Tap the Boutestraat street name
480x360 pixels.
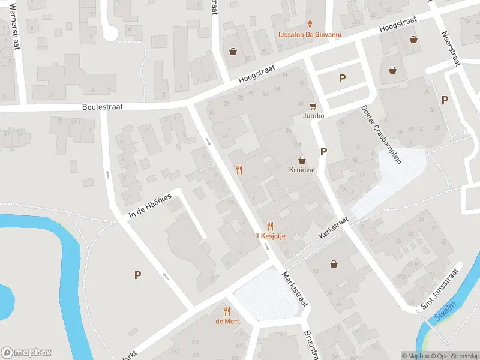tap(103, 107)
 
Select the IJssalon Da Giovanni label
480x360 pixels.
tap(309, 35)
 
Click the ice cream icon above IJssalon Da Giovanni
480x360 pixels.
tap(310, 25)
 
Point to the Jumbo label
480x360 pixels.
tap(313, 116)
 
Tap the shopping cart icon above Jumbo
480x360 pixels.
tap(313, 106)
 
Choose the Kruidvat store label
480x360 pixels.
tap(302, 170)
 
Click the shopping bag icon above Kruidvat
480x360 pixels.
tap(302, 160)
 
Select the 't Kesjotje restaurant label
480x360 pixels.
tap(271, 236)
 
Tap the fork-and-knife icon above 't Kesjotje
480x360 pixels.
tap(270, 226)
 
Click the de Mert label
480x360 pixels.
tap(227, 322)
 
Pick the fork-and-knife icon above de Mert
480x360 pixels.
tap(227, 311)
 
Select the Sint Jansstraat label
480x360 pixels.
tap(439, 289)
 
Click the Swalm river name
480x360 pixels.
tap(446, 316)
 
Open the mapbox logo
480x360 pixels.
tap(26, 353)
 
